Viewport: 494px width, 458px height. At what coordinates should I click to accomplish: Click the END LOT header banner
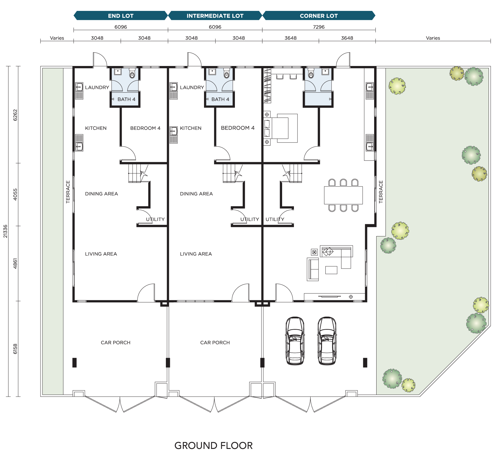click(120, 16)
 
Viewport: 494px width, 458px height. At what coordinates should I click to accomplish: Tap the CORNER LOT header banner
click(319, 16)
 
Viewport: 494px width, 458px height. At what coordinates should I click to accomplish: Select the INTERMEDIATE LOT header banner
click(215, 16)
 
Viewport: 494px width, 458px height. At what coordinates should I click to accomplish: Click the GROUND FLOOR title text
click(213, 446)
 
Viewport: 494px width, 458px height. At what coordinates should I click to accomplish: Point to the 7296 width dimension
click(319, 27)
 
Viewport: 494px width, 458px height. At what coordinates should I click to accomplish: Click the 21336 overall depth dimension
click(5, 231)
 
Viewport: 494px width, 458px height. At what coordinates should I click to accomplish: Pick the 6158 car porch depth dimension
click(15, 349)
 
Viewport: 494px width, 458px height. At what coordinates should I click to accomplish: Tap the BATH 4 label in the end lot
click(126, 99)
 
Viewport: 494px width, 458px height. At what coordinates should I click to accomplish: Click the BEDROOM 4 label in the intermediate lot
click(238, 128)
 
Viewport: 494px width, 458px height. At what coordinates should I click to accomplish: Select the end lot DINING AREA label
click(101, 194)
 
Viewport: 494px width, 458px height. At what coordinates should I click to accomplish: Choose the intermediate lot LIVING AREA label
click(196, 254)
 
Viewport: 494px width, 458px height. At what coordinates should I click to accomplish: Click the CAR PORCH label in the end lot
click(115, 343)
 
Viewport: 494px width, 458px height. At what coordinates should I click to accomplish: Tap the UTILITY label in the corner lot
click(275, 219)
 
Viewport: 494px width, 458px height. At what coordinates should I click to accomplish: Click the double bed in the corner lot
click(282, 128)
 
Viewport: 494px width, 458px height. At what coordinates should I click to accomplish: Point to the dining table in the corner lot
click(343, 195)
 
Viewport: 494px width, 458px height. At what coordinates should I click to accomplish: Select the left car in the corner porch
click(295, 341)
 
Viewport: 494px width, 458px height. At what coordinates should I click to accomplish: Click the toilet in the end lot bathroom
click(132, 74)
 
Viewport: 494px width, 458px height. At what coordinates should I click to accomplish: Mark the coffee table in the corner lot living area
click(331, 270)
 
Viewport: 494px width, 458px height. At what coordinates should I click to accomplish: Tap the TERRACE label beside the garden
click(381, 192)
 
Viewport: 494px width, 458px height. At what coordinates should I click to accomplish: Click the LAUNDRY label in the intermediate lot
click(192, 87)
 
